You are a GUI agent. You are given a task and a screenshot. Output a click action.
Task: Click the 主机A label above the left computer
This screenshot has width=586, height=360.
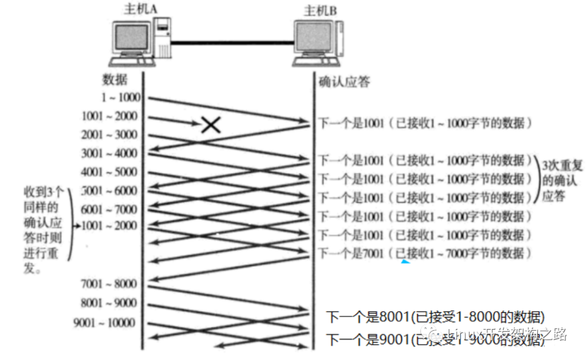[x=136, y=9]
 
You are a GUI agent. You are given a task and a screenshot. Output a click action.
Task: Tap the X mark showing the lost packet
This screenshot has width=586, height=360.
[x=211, y=126]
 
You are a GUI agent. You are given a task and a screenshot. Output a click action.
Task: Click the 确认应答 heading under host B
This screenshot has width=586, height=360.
[x=343, y=82]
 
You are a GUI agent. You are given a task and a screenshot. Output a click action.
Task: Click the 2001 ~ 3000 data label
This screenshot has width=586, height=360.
[x=109, y=134]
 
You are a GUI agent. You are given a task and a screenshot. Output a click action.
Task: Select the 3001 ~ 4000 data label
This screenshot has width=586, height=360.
[x=109, y=153]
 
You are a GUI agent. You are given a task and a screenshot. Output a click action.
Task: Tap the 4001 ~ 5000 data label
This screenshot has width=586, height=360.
[x=109, y=172]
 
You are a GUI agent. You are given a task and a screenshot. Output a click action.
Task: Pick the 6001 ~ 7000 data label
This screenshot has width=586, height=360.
[x=109, y=209]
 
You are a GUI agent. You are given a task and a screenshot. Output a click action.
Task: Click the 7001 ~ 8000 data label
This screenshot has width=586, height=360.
[x=109, y=284]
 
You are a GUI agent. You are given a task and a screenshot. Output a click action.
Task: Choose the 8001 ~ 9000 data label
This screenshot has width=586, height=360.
[x=109, y=303]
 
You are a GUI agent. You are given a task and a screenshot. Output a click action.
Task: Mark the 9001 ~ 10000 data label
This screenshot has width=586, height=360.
[x=104, y=323]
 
